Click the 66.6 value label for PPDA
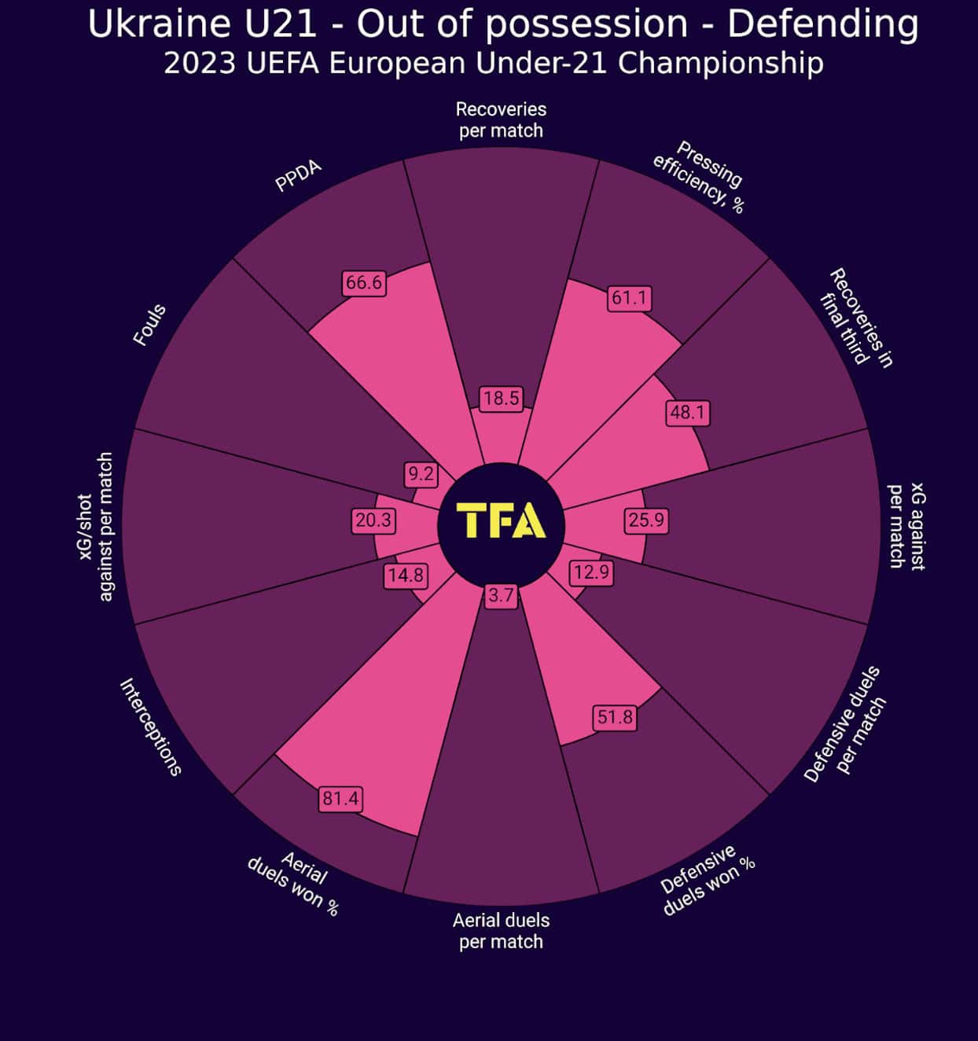tap(364, 282)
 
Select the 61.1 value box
tap(629, 298)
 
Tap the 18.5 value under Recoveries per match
tap(501, 399)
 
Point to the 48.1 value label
tap(688, 413)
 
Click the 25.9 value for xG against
tap(646, 520)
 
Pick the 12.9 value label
tap(591, 572)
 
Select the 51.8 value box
tap(615, 717)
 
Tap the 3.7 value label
tap(501, 595)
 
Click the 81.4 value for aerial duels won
tap(340, 799)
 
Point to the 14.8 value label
tap(406, 576)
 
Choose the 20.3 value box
tap(373, 520)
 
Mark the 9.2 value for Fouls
tap(421, 473)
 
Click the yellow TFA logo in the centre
tap(501, 520)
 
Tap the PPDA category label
tap(298, 176)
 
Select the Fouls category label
tap(149, 326)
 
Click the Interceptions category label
tap(150, 727)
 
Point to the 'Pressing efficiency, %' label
tap(698, 178)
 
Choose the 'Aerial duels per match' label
tap(501, 931)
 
